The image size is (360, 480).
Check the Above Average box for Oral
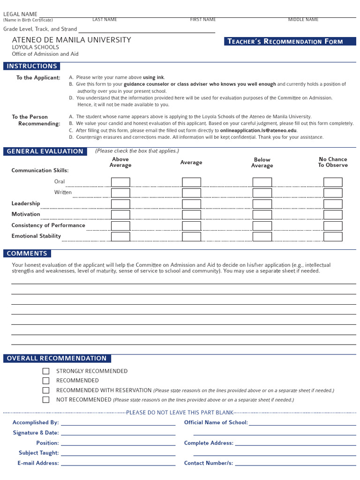(x=120, y=182)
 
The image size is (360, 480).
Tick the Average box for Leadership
(x=191, y=204)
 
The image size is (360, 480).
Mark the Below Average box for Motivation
(x=262, y=215)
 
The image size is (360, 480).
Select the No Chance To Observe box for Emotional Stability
(x=333, y=236)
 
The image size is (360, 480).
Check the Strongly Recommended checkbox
(x=46, y=371)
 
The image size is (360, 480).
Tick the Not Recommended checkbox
(x=46, y=400)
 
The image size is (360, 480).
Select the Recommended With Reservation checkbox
(x=46, y=390)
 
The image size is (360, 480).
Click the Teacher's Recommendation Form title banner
(x=290, y=41)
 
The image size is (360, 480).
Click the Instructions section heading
(x=32, y=66)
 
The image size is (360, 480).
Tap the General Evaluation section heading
(x=45, y=151)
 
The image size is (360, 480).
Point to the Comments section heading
(x=27, y=254)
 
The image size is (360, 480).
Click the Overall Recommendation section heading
(x=57, y=359)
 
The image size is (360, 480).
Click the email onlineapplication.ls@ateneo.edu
(x=258, y=130)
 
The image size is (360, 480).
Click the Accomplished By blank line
(x=118, y=424)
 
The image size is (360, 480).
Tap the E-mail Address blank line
(x=118, y=465)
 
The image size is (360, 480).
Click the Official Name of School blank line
(x=302, y=424)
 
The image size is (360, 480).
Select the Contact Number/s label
(x=208, y=463)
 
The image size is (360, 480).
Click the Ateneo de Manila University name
(x=71, y=40)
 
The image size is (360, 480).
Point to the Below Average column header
(x=262, y=163)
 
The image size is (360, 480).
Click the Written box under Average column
(x=191, y=193)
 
